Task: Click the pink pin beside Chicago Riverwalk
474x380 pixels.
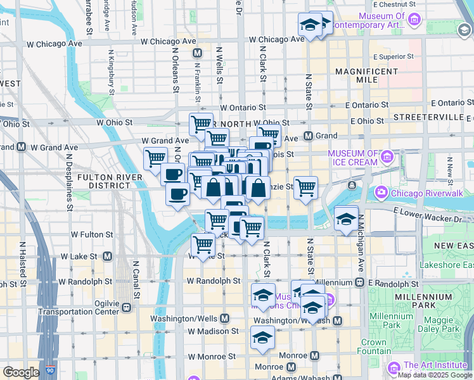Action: coord(382,192)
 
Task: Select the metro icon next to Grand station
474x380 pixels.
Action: coord(309,136)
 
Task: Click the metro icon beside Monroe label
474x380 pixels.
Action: coord(291,367)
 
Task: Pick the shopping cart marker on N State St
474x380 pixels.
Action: coord(305,187)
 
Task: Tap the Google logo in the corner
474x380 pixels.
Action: coord(22,372)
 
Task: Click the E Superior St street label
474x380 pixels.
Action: coord(394,56)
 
